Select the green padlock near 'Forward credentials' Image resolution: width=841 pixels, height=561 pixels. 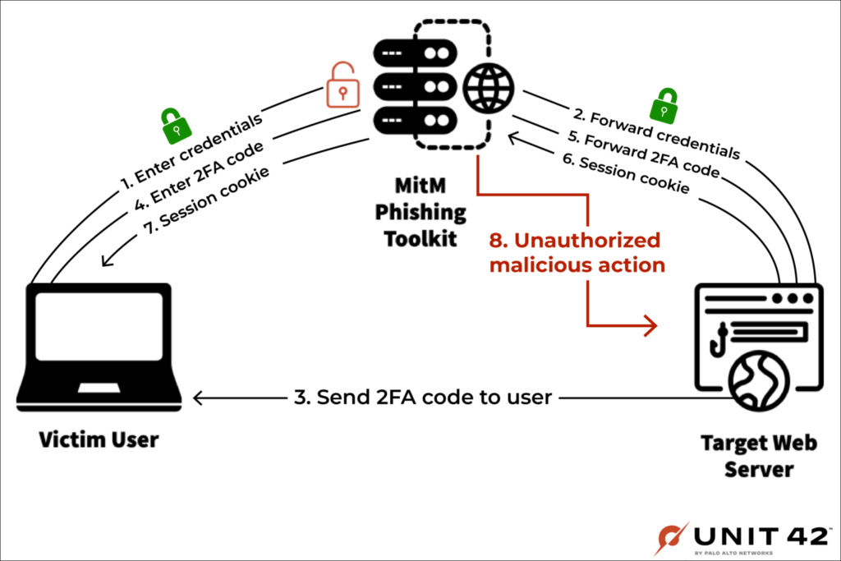(x=664, y=106)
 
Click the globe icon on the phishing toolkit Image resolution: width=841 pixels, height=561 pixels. (x=488, y=88)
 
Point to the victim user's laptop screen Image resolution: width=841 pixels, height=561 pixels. (x=99, y=326)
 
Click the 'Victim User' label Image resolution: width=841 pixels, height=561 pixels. (x=99, y=439)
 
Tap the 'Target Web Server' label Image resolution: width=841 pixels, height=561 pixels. (x=759, y=456)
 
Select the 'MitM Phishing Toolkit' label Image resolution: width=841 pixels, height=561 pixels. (x=420, y=213)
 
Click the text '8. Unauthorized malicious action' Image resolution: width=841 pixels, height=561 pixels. (x=577, y=253)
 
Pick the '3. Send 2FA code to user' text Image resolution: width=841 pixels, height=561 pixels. (x=423, y=398)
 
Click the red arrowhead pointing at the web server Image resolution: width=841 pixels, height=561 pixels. (x=651, y=325)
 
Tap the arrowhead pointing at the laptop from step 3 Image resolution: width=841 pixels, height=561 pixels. (x=199, y=398)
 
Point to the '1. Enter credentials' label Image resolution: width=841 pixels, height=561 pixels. (x=191, y=152)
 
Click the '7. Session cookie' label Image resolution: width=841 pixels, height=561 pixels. (x=206, y=201)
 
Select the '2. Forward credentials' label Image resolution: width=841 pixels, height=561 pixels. (x=656, y=134)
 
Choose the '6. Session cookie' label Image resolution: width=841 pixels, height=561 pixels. (x=626, y=173)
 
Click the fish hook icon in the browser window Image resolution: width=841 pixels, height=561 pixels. (x=718, y=339)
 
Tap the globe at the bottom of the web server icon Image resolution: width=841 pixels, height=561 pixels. (x=759, y=381)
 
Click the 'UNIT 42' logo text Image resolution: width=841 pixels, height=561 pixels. (x=761, y=536)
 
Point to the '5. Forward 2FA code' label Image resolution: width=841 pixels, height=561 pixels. (x=644, y=154)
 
